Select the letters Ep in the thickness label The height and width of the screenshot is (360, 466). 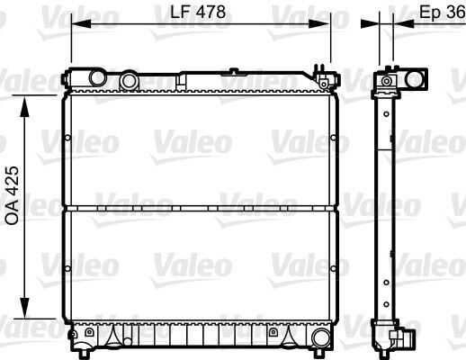tap(429, 13)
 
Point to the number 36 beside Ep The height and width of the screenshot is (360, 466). tap(454, 13)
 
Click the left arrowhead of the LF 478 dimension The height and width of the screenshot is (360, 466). tap(76, 23)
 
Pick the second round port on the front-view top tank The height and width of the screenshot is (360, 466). tap(130, 81)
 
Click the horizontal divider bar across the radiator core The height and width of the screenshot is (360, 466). tap(200, 209)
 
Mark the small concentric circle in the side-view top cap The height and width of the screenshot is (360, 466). tap(388, 82)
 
